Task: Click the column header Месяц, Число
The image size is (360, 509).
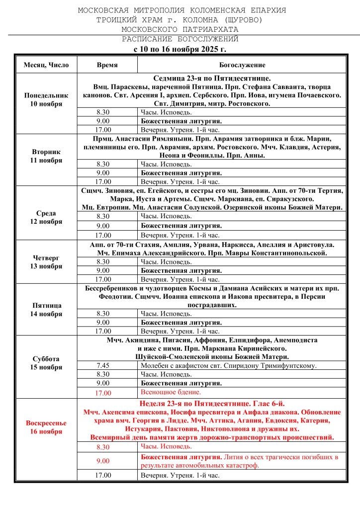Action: [x=46, y=65]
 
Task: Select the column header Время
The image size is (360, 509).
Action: [x=107, y=65]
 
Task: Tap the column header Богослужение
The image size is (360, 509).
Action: [x=242, y=65]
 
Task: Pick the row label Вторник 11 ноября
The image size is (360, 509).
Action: [x=46, y=156]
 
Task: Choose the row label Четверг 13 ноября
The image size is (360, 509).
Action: [x=46, y=262]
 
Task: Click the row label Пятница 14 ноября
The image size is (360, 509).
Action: [x=46, y=310]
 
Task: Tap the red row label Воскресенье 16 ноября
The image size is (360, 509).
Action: [x=46, y=427]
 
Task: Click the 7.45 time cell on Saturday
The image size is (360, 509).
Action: [x=103, y=366]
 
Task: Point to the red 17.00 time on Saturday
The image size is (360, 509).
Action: [x=103, y=393]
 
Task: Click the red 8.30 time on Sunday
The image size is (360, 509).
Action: [x=103, y=447]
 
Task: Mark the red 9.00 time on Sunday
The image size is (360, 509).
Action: [x=103, y=461]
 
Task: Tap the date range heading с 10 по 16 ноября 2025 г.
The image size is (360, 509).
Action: [x=180, y=49]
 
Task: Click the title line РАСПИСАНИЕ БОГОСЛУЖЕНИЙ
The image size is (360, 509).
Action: [x=180, y=39]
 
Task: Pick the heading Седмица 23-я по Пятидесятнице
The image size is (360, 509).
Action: [x=212, y=79]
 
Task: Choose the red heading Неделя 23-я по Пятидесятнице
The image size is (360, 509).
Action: [x=212, y=404]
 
